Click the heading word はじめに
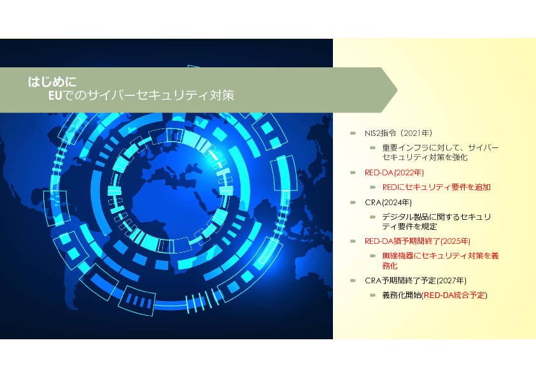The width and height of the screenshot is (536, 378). [x=52, y=82]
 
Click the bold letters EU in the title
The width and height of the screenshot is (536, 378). [x=55, y=95]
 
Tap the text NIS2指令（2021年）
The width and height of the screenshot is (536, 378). [x=398, y=133]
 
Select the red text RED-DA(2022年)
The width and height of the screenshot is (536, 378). [x=394, y=173]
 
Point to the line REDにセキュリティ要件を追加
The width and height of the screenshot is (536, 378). [x=437, y=187]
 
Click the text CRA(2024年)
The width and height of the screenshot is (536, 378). [x=388, y=202]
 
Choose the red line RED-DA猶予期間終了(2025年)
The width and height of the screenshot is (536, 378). [x=418, y=241]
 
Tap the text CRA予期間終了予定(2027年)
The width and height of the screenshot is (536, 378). [x=415, y=280]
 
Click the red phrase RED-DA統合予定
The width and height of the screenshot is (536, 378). [x=455, y=295]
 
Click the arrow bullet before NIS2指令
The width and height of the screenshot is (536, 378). [x=353, y=133]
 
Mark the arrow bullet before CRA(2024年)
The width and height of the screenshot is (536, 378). [x=353, y=202]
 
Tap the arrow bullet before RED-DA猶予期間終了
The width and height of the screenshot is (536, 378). [x=353, y=241]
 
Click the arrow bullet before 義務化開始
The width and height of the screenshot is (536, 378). [x=373, y=295]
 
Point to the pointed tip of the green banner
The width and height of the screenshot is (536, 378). [x=397, y=90]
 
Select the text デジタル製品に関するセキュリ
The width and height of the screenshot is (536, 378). [x=437, y=217]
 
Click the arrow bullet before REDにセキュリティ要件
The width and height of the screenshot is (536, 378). [x=373, y=187]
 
